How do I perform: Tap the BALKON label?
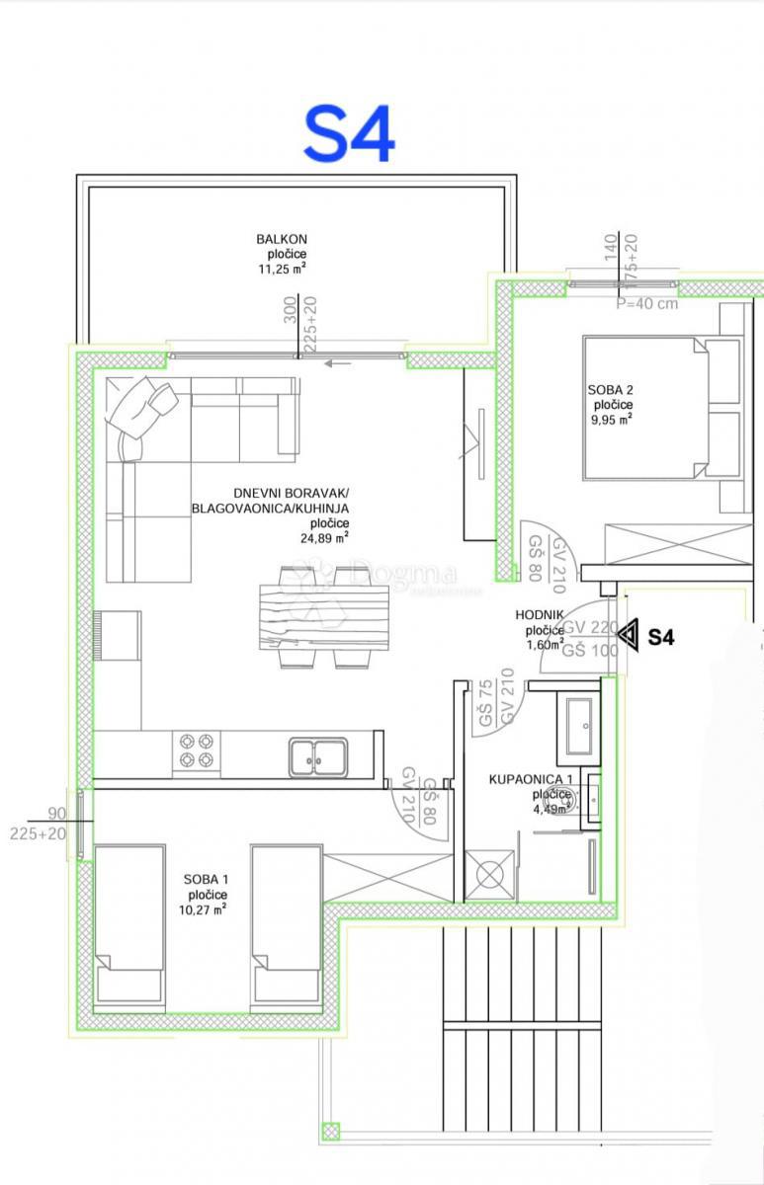coord(282,239)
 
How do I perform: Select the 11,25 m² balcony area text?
coord(282,268)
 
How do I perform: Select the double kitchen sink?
coord(318,755)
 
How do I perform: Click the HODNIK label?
coord(540,615)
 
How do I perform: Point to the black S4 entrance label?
coord(661,638)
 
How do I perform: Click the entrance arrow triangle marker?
coord(627,637)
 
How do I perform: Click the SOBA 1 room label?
coord(206,880)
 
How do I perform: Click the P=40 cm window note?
coord(647,303)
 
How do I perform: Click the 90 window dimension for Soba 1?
coord(57,815)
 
